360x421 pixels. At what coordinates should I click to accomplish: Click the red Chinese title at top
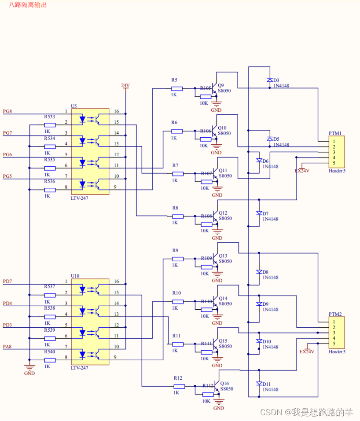click(x=27, y=5)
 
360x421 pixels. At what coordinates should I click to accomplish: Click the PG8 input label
click(x=7, y=111)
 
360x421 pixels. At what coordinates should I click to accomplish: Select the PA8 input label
click(x=7, y=347)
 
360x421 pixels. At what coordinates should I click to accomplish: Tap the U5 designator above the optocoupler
click(x=73, y=106)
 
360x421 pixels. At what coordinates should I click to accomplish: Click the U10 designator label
click(x=75, y=276)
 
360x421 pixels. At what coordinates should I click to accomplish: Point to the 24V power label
click(x=125, y=85)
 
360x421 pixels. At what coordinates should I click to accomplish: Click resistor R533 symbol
click(x=50, y=125)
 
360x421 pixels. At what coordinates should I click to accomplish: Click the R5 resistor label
click(x=174, y=80)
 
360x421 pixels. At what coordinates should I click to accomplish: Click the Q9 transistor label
click(x=220, y=85)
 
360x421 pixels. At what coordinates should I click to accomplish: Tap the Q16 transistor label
click(x=224, y=383)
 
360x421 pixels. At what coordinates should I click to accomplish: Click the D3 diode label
click(x=276, y=81)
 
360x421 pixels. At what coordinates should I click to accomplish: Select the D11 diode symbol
click(x=259, y=384)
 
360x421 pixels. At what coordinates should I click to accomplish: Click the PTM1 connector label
click(x=335, y=133)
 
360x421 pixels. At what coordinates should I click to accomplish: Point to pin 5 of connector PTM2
click(x=334, y=344)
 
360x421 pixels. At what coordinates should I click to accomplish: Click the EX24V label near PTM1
click(x=302, y=170)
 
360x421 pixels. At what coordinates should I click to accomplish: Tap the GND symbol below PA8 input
click(x=29, y=368)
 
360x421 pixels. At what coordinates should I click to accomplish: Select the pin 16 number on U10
click(x=116, y=282)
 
